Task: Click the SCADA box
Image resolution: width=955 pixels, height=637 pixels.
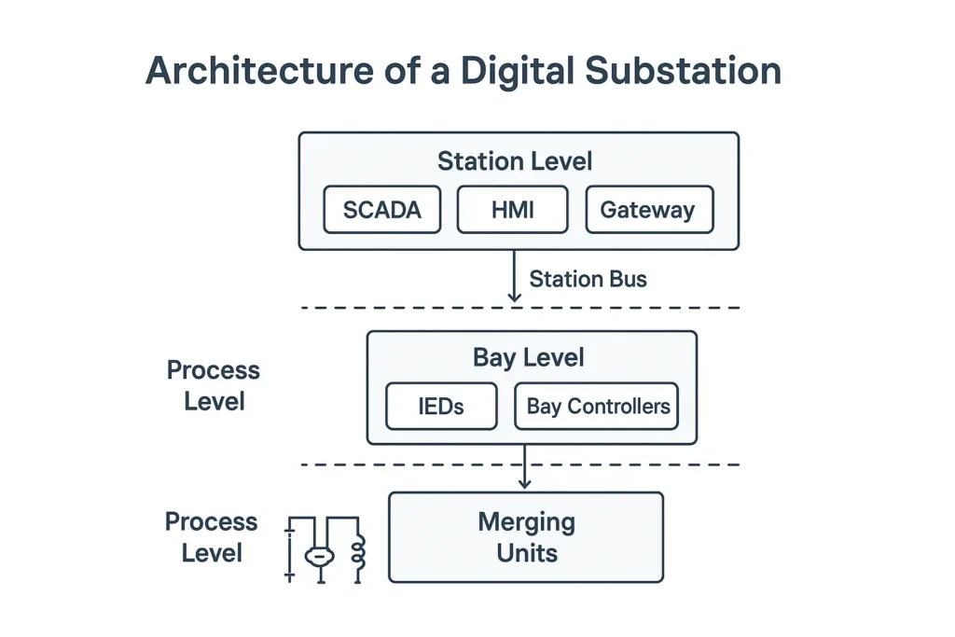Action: tap(381, 210)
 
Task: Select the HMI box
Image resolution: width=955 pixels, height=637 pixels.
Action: tap(512, 210)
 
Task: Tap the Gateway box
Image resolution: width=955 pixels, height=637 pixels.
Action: tap(648, 210)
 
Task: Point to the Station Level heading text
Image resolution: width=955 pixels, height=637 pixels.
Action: tap(515, 161)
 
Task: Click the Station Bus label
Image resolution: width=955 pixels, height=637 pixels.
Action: tap(588, 279)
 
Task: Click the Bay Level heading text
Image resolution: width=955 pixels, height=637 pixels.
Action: tap(528, 358)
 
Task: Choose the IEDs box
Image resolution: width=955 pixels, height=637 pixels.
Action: tap(440, 407)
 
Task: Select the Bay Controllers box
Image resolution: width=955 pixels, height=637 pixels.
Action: tap(598, 407)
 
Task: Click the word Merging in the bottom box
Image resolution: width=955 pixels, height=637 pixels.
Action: tap(526, 521)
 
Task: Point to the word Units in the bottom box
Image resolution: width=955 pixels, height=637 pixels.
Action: tap(526, 553)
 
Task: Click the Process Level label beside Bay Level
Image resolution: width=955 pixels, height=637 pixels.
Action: tap(213, 386)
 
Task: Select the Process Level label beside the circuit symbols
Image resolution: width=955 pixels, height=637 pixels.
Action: tap(212, 537)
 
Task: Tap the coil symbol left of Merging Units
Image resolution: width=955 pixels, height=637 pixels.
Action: tap(357, 553)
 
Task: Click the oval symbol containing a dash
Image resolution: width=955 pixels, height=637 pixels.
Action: tap(319, 557)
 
